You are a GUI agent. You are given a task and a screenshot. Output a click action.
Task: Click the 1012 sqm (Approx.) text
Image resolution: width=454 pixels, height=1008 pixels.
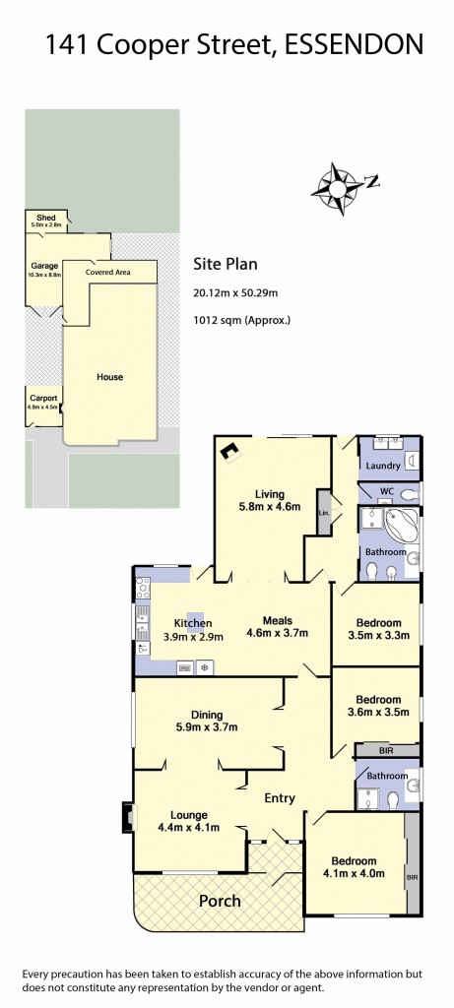click(242, 320)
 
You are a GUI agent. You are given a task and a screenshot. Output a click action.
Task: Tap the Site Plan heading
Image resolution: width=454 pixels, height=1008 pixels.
click(224, 264)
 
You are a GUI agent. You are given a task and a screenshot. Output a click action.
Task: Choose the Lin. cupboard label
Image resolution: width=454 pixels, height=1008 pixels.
click(323, 512)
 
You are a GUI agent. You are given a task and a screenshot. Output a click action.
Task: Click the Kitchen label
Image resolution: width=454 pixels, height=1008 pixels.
click(193, 623)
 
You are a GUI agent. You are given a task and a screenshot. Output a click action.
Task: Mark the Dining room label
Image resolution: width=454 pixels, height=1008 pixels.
click(207, 715)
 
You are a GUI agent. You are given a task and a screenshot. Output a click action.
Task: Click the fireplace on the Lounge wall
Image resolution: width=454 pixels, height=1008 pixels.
click(126, 817)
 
